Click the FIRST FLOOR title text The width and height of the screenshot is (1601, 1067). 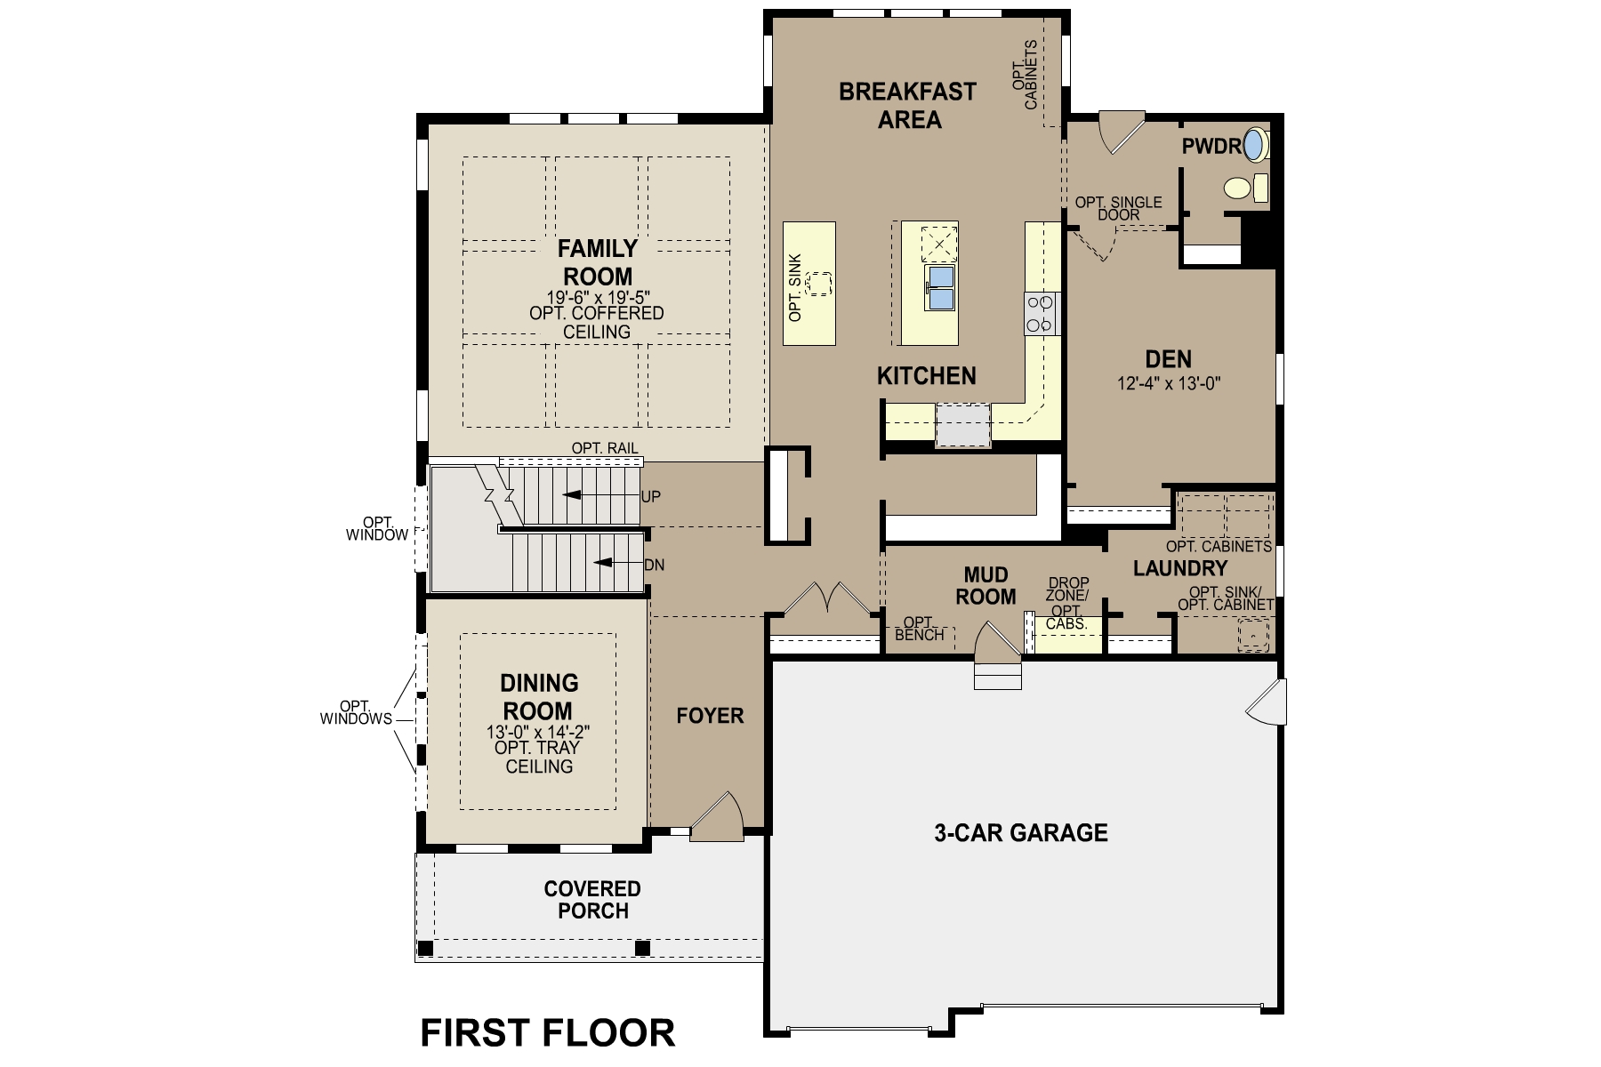(x=547, y=1033)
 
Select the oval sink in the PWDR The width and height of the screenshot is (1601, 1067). (x=1254, y=145)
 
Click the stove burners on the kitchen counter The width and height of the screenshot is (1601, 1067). (x=1042, y=313)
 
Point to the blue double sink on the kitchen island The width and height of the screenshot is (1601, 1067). (x=939, y=287)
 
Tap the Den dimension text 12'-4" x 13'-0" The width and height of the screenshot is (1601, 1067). (x=1168, y=384)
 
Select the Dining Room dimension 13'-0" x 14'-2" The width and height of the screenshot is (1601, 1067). (x=538, y=732)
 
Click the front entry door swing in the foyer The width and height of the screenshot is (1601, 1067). (x=719, y=816)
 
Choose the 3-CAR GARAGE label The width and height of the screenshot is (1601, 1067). (x=1020, y=832)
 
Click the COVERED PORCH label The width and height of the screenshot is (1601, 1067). (x=592, y=899)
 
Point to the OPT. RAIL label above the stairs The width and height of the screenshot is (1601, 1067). (x=605, y=448)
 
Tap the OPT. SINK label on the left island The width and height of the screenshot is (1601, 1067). (x=795, y=287)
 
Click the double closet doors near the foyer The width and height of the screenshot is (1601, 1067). (x=828, y=598)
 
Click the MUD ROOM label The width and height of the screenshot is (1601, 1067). (x=986, y=585)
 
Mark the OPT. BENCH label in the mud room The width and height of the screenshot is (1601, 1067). (x=919, y=628)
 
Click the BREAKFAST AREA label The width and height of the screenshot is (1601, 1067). (x=907, y=105)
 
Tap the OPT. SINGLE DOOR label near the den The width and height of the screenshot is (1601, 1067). (x=1118, y=208)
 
